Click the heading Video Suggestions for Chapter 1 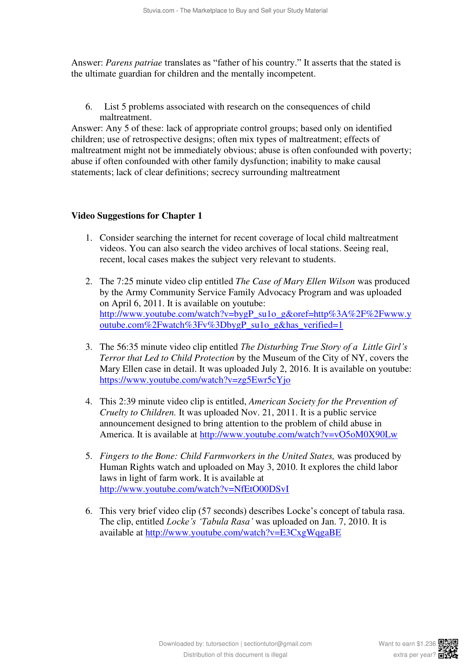click(137, 216)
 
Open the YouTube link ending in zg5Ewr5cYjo click(195, 380)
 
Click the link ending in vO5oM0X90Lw click(298, 434)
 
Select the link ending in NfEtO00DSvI click(194, 489)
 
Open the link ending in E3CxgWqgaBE click(243, 533)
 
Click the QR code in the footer click(448, 648)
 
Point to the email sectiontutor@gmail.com click(278, 644)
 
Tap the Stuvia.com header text click(235, 11)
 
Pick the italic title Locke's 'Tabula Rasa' click(210, 522)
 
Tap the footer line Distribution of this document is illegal click(235, 655)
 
